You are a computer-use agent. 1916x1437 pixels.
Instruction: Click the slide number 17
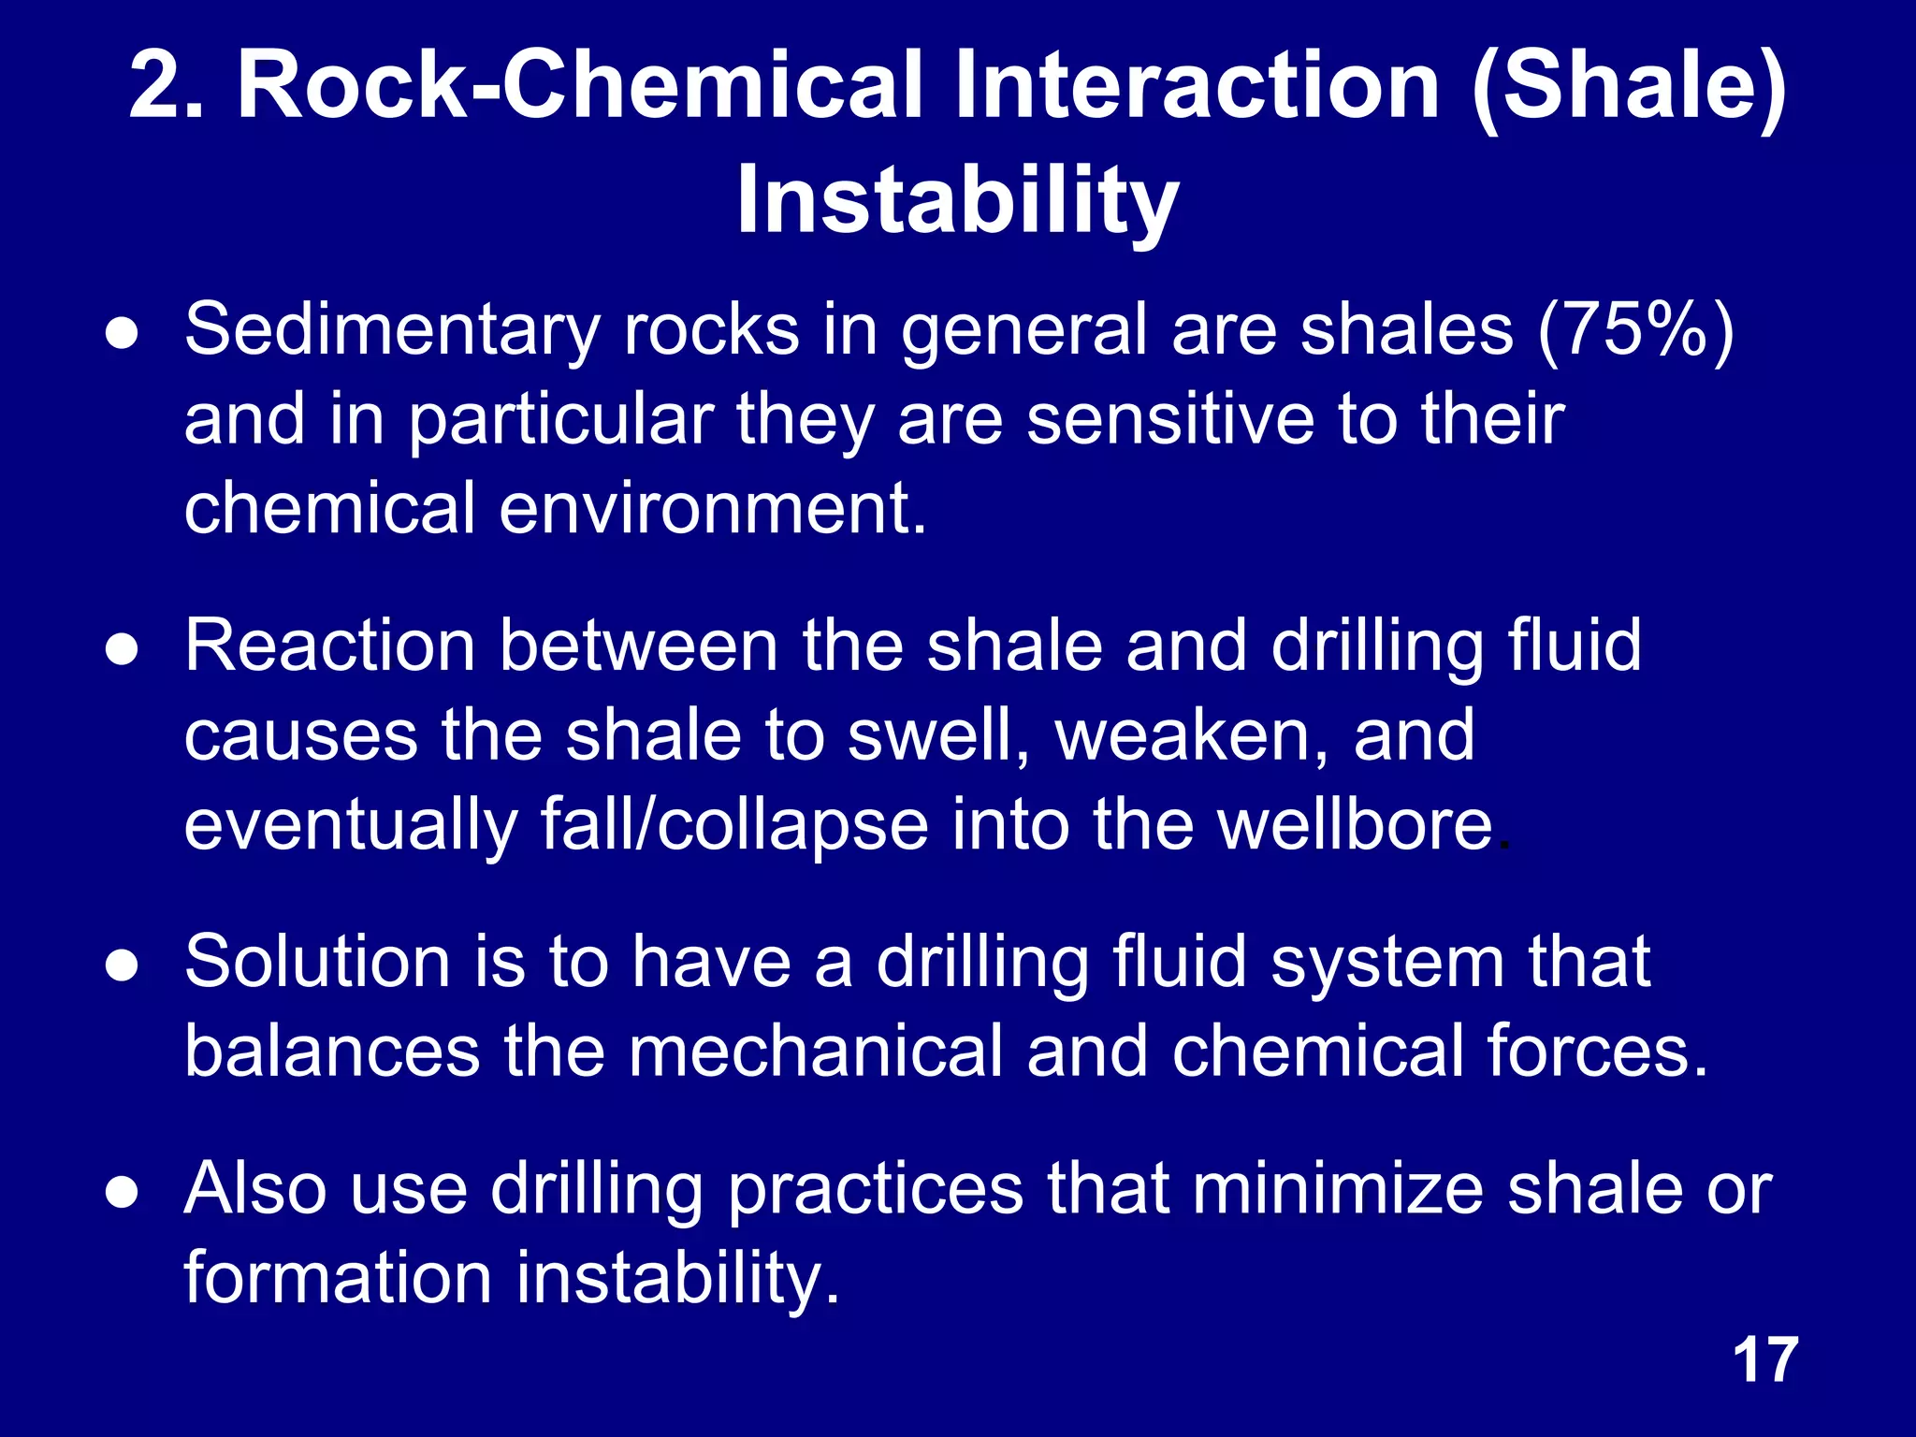1765,1359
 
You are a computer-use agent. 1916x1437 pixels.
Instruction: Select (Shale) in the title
1629,86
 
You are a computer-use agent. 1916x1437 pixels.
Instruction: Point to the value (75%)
1636,329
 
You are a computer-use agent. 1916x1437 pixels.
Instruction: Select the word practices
876,1188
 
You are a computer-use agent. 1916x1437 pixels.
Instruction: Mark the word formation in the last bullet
338,1278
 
